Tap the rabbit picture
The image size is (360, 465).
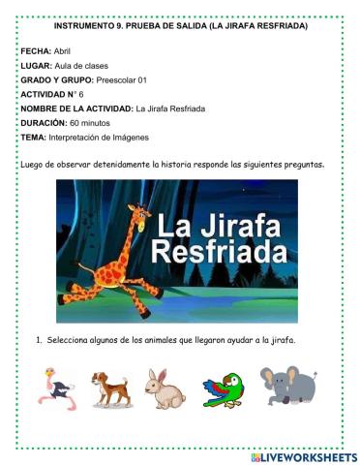(x=165, y=388)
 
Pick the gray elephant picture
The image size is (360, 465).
(x=288, y=385)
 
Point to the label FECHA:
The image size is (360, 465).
(x=36, y=48)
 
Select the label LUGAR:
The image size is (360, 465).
(x=37, y=64)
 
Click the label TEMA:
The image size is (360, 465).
(x=33, y=139)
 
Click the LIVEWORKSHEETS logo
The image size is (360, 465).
(x=303, y=456)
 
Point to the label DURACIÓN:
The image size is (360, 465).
(x=45, y=124)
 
